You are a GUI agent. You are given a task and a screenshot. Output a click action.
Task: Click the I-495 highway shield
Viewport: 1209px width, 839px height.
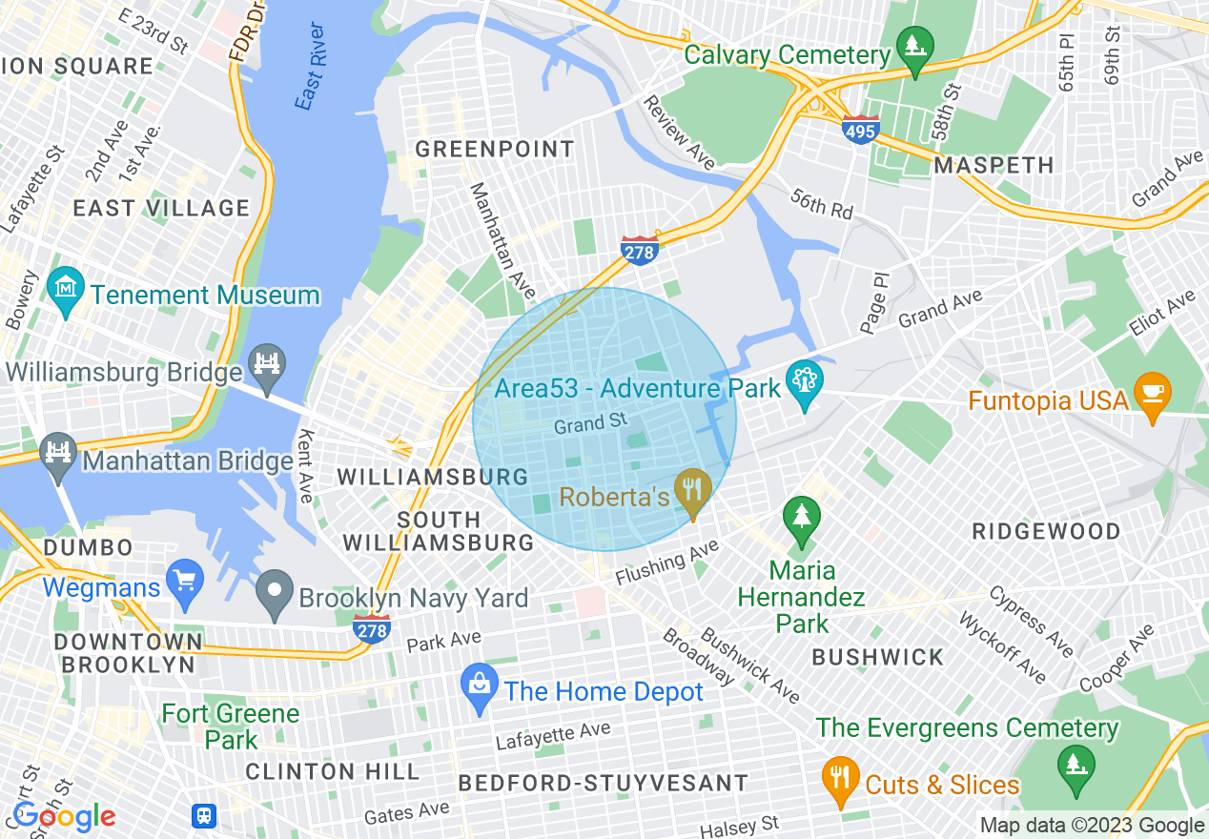(x=860, y=130)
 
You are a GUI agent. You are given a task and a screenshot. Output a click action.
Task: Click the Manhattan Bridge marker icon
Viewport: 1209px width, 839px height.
(x=60, y=451)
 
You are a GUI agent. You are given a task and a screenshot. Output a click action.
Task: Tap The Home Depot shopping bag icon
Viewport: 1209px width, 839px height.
(x=479, y=685)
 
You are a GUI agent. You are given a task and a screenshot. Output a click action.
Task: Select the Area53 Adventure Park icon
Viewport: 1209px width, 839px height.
(x=805, y=382)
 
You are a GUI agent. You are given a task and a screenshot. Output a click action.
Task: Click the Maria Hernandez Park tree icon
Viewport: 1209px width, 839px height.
(x=801, y=518)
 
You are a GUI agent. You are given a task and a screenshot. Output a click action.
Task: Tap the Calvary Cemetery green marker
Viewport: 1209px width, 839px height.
(x=915, y=47)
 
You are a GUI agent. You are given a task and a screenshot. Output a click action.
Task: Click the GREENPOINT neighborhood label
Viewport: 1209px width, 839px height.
(x=495, y=149)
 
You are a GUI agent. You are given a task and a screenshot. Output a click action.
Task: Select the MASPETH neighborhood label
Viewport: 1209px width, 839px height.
(x=994, y=165)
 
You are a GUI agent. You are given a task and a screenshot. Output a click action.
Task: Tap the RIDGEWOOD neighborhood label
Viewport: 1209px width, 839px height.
(x=1046, y=531)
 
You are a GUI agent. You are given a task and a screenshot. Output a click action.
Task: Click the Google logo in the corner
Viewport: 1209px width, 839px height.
(x=64, y=816)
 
